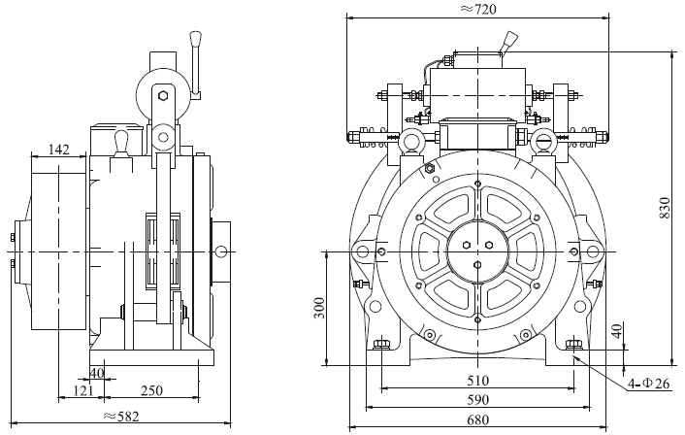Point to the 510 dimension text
coord(477,380)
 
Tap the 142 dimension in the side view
coord(58,150)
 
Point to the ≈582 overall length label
coord(119,418)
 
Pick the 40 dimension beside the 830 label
coord(617,332)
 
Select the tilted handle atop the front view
coord(506,44)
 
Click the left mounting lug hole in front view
coord(363,252)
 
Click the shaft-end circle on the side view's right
coord(221,252)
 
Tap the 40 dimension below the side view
coord(96,373)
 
